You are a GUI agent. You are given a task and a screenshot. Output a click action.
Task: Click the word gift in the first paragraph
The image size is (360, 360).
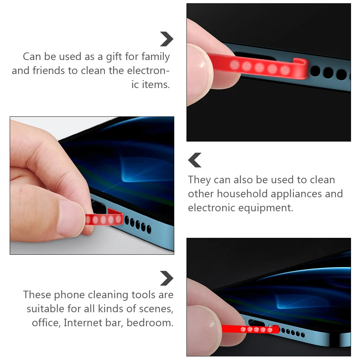[114, 57]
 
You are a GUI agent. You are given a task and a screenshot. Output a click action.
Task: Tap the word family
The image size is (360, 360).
[155, 57]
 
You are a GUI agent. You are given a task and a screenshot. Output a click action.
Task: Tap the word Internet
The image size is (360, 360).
[82, 322]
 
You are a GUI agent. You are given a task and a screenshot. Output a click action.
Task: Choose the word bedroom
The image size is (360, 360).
[150, 322]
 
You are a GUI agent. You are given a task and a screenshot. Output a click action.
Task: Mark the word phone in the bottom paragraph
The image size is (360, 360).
[69, 295]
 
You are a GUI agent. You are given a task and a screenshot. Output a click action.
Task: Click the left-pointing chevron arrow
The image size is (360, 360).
[195, 160]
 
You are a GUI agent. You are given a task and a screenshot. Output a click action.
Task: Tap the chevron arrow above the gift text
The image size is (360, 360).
[166, 39]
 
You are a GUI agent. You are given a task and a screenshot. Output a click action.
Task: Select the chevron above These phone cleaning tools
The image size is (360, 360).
[166, 278]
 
